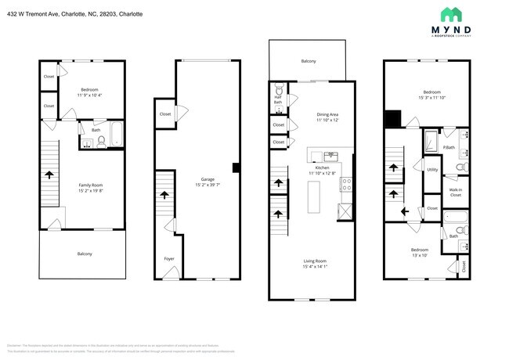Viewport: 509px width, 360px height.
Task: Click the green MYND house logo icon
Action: pyautogui.click(x=451, y=13)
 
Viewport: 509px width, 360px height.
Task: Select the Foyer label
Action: pyautogui.click(x=169, y=258)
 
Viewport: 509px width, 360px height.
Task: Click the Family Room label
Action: pyautogui.click(x=91, y=185)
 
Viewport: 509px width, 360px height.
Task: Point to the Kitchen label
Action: pyautogui.click(x=323, y=167)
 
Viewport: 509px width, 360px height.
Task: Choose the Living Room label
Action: pyautogui.click(x=316, y=261)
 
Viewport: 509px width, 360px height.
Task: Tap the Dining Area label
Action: pyautogui.click(x=327, y=114)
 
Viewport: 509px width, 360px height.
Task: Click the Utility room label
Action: pyautogui.click(x=432, y=169)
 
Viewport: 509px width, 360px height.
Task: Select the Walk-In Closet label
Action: pyautogui.click(x=455, y=192)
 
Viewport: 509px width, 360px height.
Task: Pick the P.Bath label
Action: pyautogui.click(x=449, y=146)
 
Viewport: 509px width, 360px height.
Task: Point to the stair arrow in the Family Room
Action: pyautogui.click(x=49, y=175)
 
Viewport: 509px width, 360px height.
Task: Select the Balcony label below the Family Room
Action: pyautogui.click(x=84, y=254)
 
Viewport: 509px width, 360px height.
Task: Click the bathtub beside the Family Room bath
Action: pyautogui.click(x=115, y=135)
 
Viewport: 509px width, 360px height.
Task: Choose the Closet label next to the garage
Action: pyautogui.click(x=165, y=114)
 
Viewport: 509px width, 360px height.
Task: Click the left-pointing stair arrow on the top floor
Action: pyautogui.click(x=404, y=211)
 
